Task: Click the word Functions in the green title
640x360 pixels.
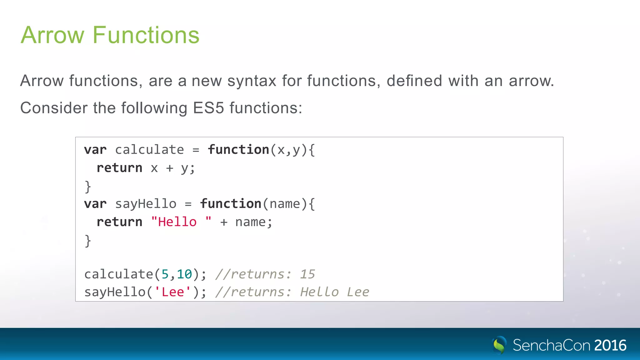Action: (x=146, y=35)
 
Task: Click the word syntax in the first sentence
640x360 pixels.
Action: (x=252, y=81)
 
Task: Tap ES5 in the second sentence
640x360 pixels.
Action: (x=208, y=108)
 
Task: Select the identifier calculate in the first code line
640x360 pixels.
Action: (x=149, y=150)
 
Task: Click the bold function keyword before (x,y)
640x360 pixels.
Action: (x=238, y=150)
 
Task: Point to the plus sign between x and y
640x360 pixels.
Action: (x=170, y=168)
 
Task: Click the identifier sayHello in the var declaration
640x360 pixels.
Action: (x=146, y=204)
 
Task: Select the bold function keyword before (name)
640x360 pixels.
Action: (x=231, y=204)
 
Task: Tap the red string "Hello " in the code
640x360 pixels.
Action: (x=181, y=222)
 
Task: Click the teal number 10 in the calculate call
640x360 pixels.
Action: (x=184, y=274)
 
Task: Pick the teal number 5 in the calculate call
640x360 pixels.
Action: (x=165, y=274)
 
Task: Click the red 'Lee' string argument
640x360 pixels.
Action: (x=173, y=292)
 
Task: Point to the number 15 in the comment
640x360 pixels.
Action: (x=307, y=274)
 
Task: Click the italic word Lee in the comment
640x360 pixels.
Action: (x=358, y=292)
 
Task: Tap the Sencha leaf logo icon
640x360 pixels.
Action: (x=499, y=345)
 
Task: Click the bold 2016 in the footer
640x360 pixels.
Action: (x=610, y=345)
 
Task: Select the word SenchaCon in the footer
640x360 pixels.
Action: (x=551, y=345)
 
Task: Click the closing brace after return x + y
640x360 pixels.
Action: (x=88, y=187)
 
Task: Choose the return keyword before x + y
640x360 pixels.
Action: (x=119, y=168)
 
